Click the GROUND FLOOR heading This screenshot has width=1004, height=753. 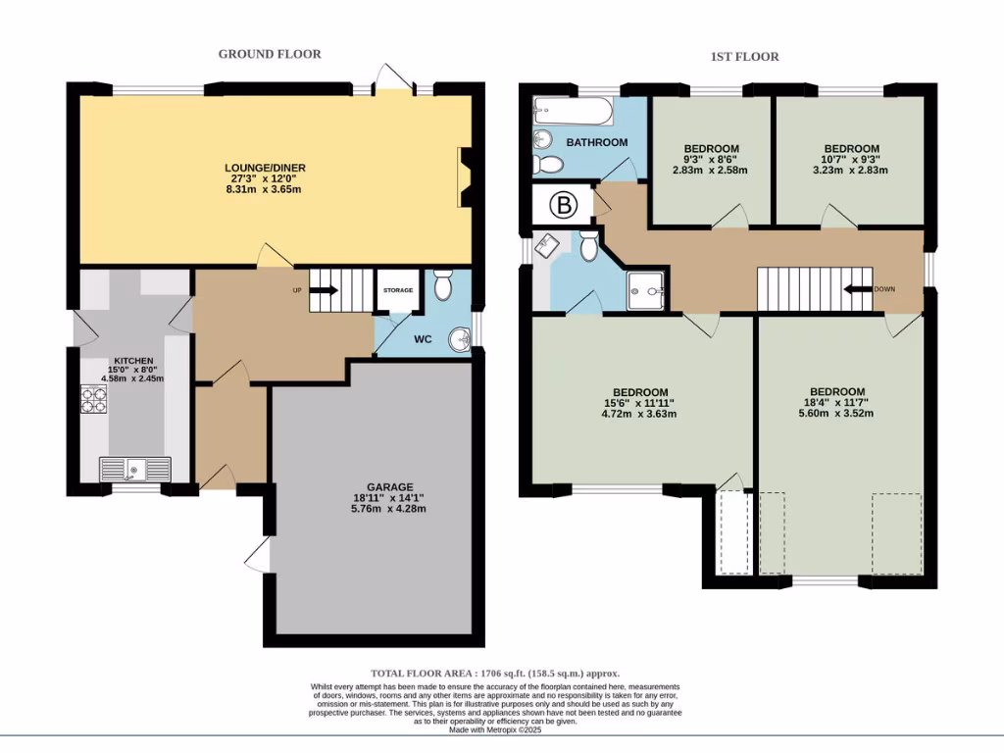[x=269, y=54]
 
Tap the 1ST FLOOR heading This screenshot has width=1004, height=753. [x=744, y=57]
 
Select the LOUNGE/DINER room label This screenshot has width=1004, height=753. [x=265, y=168]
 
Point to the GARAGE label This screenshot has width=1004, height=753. [x=390, y=486]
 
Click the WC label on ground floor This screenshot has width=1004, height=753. [x=423, y=340]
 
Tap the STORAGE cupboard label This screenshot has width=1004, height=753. [x=398, y=290]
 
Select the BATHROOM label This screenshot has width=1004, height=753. [x=596, y=142]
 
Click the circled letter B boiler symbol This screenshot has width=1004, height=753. [x=563, y=205]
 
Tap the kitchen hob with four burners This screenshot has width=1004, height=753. [x=94, y=400]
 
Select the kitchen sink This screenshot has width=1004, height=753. [x=134, y=470]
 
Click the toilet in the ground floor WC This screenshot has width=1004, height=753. [x=443, y=286]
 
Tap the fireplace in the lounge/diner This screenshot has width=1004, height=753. [x=463, y=177]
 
